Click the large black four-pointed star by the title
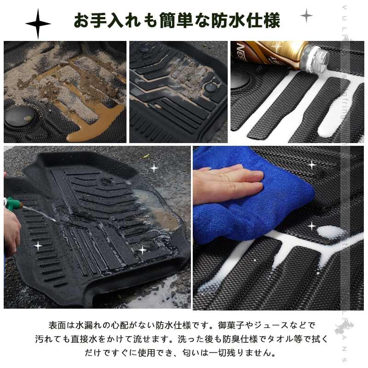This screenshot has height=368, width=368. tap(38, 23)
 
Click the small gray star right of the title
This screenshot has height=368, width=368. tap(306, 16)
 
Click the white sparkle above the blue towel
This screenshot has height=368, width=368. tap(312, 164)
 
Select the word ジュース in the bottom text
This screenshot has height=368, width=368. tap(277, 325)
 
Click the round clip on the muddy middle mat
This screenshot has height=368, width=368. tap(211, 87)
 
